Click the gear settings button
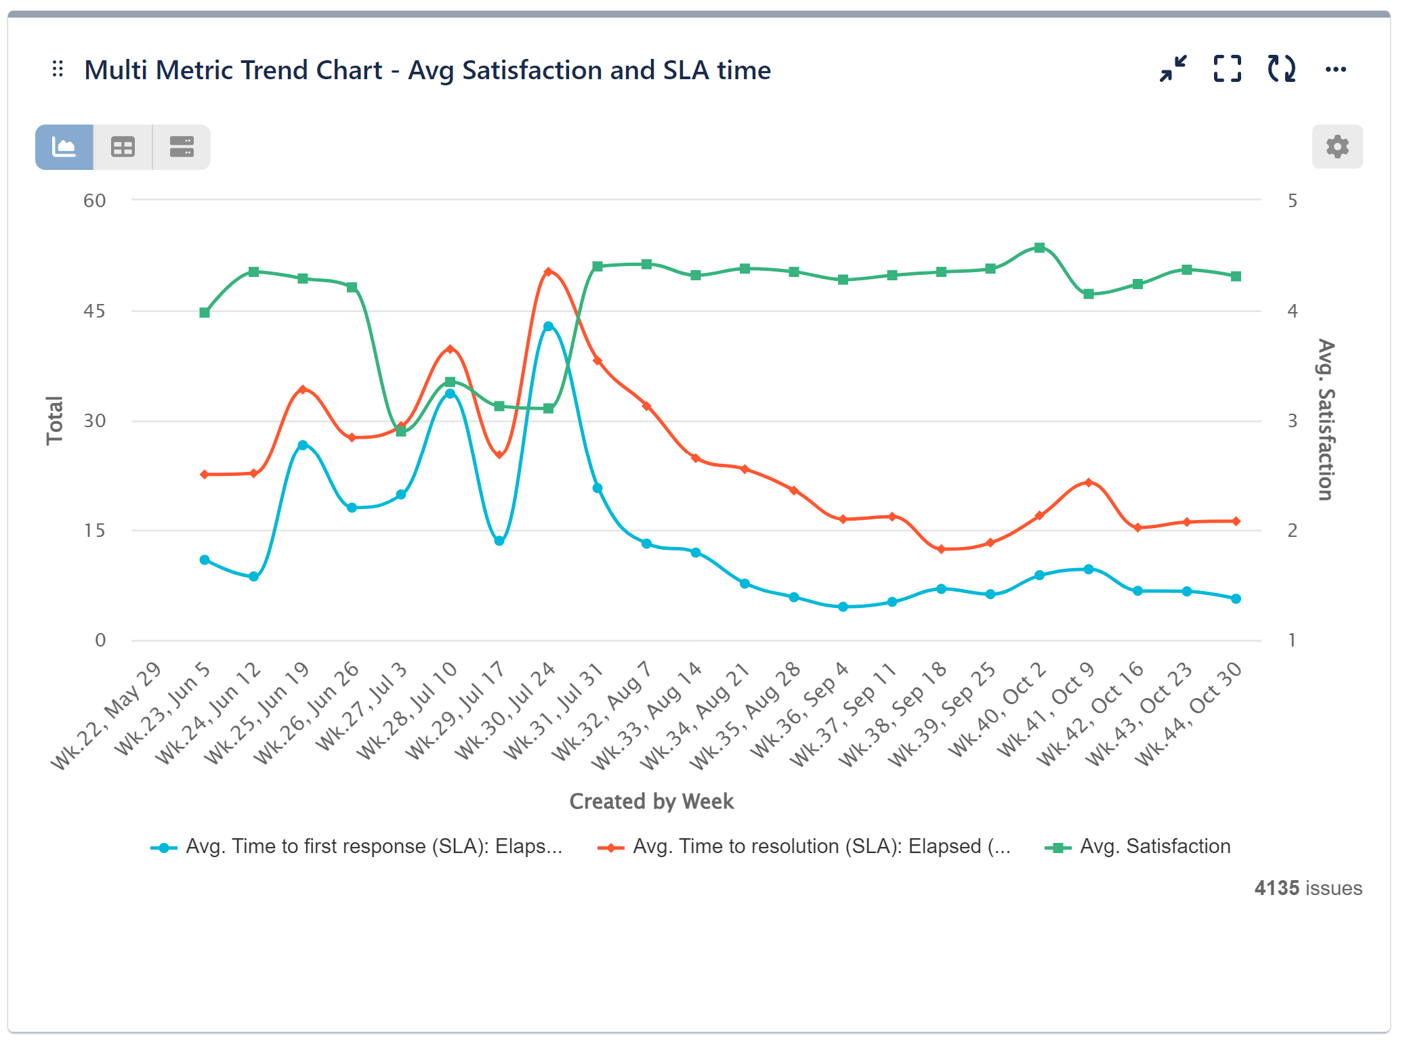click(x=1337, y=146)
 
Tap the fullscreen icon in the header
click(x=1227, y=69)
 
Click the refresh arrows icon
click(x=1281, y=69)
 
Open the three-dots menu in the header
click(x=1335, y=69)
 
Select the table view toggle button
click(x=123, y=147)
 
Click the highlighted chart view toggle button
click(x=64, y=147)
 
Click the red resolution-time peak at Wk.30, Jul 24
click(x=548, y=271)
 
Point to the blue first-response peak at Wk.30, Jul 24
click(x=548, y=326)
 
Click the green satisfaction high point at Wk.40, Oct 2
click(x=1039, y=248)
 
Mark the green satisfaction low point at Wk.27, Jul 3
click(x=401, y=431)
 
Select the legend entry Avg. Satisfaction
click(x=1154, y=846)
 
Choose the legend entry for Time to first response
click(x=373, y=846)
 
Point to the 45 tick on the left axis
click(x=94, y=311)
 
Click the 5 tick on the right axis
click(x=1292, y=200)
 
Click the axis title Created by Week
click(x=651, y=802)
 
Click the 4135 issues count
click(x=1308, y=888)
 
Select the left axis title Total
click(x=54, y=420)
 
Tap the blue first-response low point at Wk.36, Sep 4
click(x=843, y=607)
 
